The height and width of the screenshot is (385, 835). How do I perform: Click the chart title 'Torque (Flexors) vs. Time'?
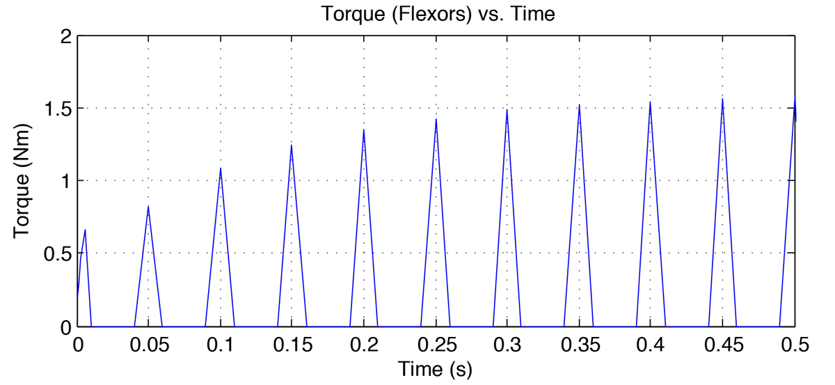[438, 14]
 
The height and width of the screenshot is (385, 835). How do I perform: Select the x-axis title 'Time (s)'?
[435, 370]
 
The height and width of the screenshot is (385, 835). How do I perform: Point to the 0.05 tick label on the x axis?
[148, 345]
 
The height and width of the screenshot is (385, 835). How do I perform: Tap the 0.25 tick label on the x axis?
[436, 345]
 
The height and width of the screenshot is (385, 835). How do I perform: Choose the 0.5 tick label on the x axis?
[794, 345]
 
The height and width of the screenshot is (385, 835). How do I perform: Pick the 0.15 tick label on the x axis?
[292, 345]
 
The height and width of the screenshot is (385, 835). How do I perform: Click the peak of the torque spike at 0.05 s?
[148, 207]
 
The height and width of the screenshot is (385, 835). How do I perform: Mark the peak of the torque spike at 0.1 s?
[221, 168]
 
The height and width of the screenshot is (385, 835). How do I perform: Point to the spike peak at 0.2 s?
[364, 129]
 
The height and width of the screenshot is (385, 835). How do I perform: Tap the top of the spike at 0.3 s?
[507, 110]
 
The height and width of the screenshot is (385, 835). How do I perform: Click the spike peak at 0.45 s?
[722, 100]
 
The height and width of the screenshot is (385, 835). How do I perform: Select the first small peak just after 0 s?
[85, 230]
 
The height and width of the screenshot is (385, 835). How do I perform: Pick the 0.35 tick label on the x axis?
[579, 345]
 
